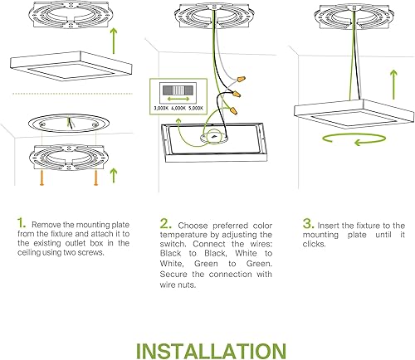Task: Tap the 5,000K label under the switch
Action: (x=194, y=107)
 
